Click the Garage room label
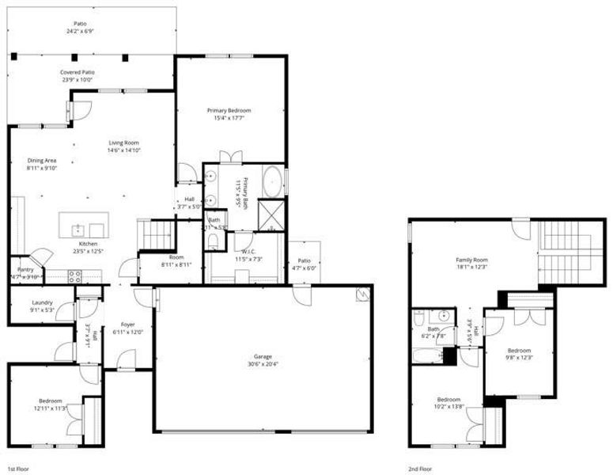261,356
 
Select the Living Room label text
124,142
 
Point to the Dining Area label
41,160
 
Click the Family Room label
471,260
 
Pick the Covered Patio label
77,72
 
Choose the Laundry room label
42,302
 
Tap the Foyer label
127,325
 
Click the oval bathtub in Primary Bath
272,181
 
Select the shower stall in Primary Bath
272,215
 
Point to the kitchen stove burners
76,276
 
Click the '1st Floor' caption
19,468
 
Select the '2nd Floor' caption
420,468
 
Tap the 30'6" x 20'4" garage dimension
261,364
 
